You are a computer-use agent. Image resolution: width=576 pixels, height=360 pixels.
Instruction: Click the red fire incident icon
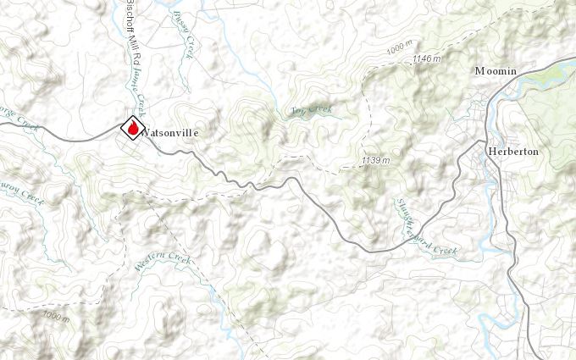(x=132, y=127)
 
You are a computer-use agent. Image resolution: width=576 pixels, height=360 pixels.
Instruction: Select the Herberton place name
(x=513, y=151)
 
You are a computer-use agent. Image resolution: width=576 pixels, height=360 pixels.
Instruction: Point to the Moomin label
(x=496, y=71)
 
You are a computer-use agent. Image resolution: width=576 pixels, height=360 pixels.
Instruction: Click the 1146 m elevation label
(x=427, y=58)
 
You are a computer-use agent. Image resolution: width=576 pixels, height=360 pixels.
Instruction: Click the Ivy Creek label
(x=311, y=109)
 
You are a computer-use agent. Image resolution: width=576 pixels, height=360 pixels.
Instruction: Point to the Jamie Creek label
(x=139, y=91)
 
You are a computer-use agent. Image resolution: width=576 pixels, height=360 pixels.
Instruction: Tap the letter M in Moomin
(x=480, y=71)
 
